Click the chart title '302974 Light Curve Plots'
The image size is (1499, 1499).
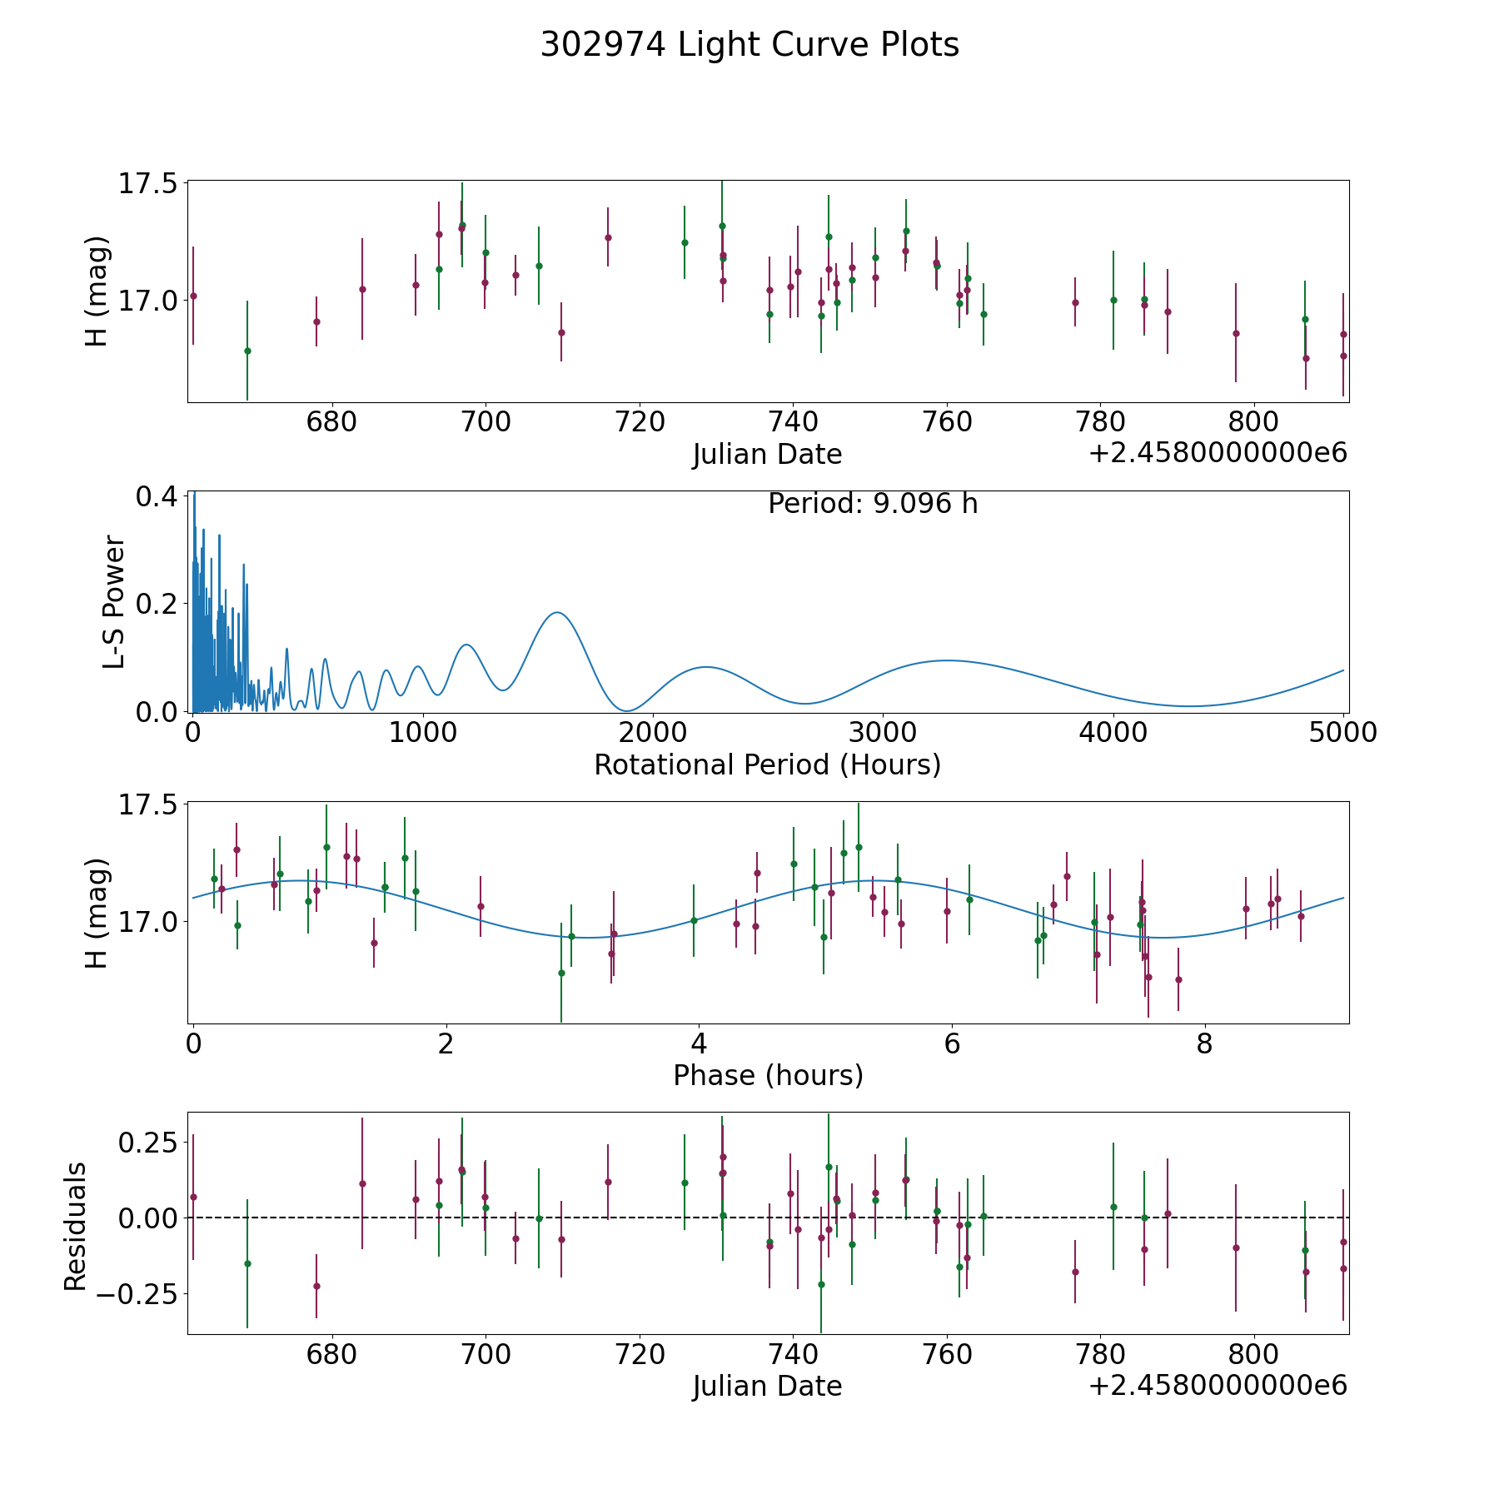tap(749, 45)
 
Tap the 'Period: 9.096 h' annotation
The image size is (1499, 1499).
tap(872, 504)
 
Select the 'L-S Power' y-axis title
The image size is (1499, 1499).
tap(114, 602)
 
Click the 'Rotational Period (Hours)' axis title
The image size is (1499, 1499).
tap(767, 764)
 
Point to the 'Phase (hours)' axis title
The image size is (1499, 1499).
tap(768, 1075)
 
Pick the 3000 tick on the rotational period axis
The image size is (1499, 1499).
tap(883, 732)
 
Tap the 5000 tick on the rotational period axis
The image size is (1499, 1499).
tap(1342, 732)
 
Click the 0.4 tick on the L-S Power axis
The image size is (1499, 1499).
tap(157, 496)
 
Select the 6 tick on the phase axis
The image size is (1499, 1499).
tap(952, 1043)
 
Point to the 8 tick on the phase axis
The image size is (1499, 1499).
tap(1204, 1043)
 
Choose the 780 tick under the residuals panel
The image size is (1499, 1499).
tap(1100, 1354)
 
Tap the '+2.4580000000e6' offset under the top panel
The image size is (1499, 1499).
tap(1218, 453)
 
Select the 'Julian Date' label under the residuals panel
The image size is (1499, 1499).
tap(767, 1387)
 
